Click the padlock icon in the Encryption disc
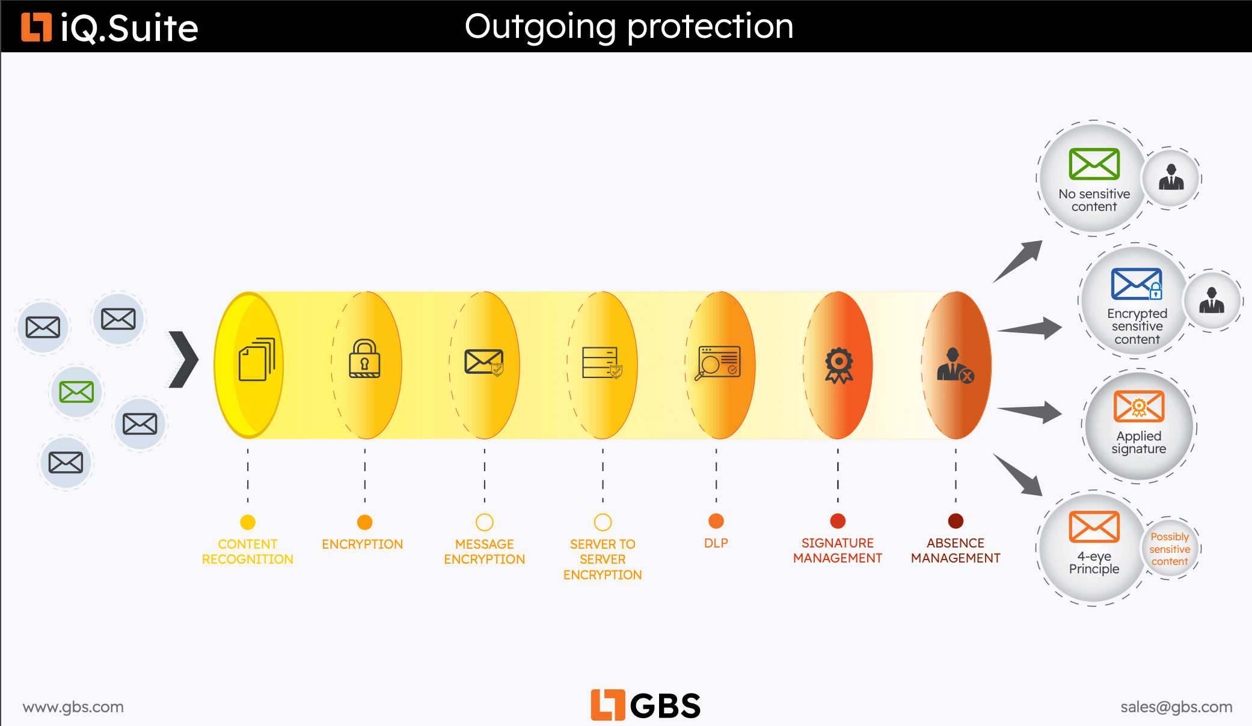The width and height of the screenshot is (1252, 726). (364, 359)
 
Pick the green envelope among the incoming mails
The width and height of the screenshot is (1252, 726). (76, 392)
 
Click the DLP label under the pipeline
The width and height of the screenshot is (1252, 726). (716, 543)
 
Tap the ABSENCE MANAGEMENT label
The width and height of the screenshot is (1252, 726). (956, 551)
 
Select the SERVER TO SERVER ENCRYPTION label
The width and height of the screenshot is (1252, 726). (603, 560)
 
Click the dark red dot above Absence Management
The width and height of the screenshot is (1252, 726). (956, 521)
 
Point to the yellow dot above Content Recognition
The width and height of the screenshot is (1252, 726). (248, 522)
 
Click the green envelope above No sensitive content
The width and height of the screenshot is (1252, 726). (1094, 164)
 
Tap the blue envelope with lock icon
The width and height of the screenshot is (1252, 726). (1137, 284)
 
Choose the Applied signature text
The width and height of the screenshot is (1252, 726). (1138, 442)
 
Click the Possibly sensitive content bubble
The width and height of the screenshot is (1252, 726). (1170, 549)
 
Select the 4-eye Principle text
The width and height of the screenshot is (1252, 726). (1094, 563)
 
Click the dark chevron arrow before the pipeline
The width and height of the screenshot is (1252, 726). (183, 359)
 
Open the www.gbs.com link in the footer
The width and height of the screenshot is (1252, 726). (73, 707)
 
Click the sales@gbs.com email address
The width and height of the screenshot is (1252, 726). (1176, 707)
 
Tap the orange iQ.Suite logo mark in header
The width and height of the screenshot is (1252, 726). (36, 27)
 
